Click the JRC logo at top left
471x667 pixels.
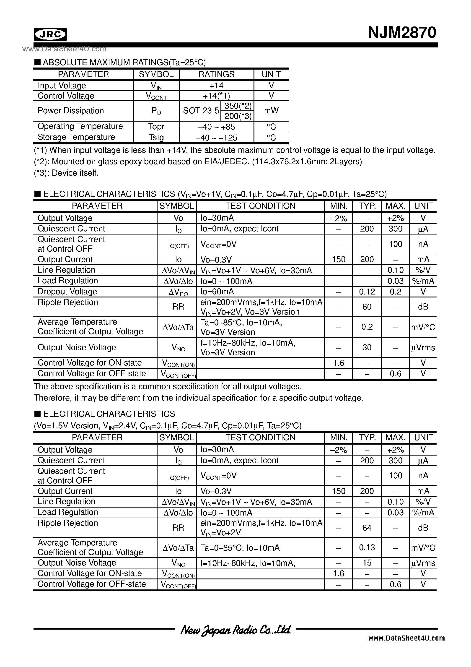(50, 34)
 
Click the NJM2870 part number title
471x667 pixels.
(402, 33)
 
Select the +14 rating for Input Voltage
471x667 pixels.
(216, 85)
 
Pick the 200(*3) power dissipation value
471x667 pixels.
(238, 116)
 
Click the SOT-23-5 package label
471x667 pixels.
(201, 111)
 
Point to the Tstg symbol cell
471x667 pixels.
(156, 137)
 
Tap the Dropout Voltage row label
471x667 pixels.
(67, 291)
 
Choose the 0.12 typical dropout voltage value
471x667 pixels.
(367, 292)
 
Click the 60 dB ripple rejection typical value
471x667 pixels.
(367, 307)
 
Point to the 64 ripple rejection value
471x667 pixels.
(367, 528)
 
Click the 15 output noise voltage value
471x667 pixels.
(367, 563)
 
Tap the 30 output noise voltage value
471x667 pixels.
(367, 347)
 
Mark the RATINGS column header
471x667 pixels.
(216, 74)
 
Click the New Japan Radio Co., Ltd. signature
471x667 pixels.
(235, 630)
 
